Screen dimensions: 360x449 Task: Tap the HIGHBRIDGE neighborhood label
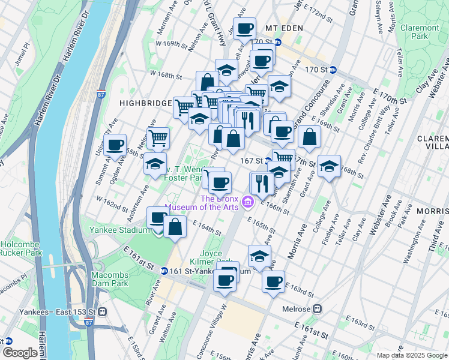click(x=145, y=103)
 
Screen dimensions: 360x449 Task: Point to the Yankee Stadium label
click(x=119, y=230)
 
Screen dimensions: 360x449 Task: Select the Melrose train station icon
click(x=318, y=309)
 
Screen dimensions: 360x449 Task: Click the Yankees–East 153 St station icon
click(x=104, y=311)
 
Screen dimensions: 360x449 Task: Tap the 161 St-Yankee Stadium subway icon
click(x=163, y=271)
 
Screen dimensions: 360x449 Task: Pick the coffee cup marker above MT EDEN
click(x=244, y=28)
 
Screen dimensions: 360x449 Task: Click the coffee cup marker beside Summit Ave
click(x=115, y=145)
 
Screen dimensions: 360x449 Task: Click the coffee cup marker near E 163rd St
click(x=273, y=281)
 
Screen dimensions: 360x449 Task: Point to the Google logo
click(x=20, y=353)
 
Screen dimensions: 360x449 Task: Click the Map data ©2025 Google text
click(x=411, y=355)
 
